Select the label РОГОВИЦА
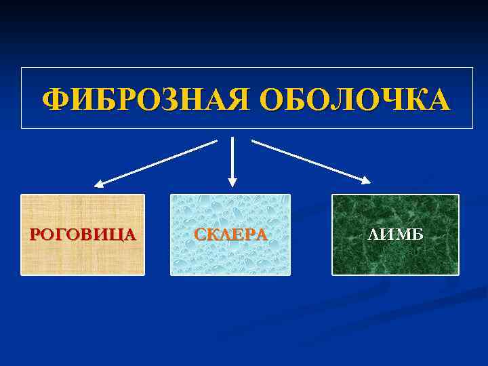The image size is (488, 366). coord(83,235)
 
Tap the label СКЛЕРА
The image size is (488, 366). coord(230,235)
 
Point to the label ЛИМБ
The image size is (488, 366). coord(395,235)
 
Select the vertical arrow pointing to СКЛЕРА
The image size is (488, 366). coord(232,159)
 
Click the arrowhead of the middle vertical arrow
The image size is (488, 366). coord(232,182)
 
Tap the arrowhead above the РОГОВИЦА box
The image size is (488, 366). coord(99,183)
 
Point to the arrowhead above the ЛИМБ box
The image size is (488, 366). coord(366,180)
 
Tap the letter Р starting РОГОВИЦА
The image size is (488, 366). coord(35,235)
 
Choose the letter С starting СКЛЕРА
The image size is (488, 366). coord(200,235)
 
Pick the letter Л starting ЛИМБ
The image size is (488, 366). coord(373,235)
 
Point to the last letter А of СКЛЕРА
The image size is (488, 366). coord(261,235)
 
